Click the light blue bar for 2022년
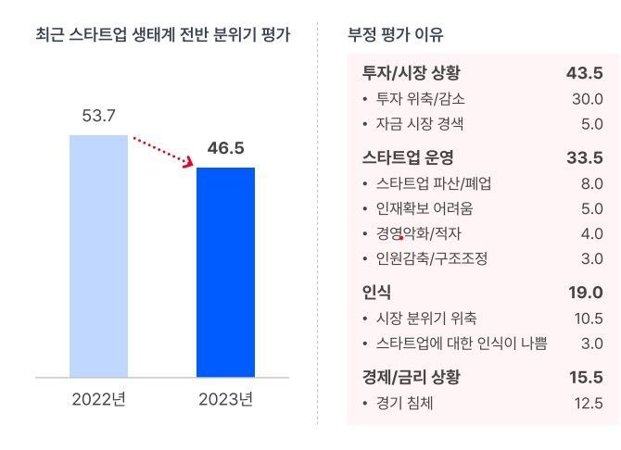tap(98, 256)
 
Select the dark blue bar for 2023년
tap(225, 272)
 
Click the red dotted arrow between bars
tap(163, 152)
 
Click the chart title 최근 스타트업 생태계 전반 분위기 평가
tap(162, 36)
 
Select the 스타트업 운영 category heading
tap(408, 157)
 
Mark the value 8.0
tap(591, 183)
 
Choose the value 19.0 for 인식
tap(586, 294)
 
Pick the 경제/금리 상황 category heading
tap(412, 377)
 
